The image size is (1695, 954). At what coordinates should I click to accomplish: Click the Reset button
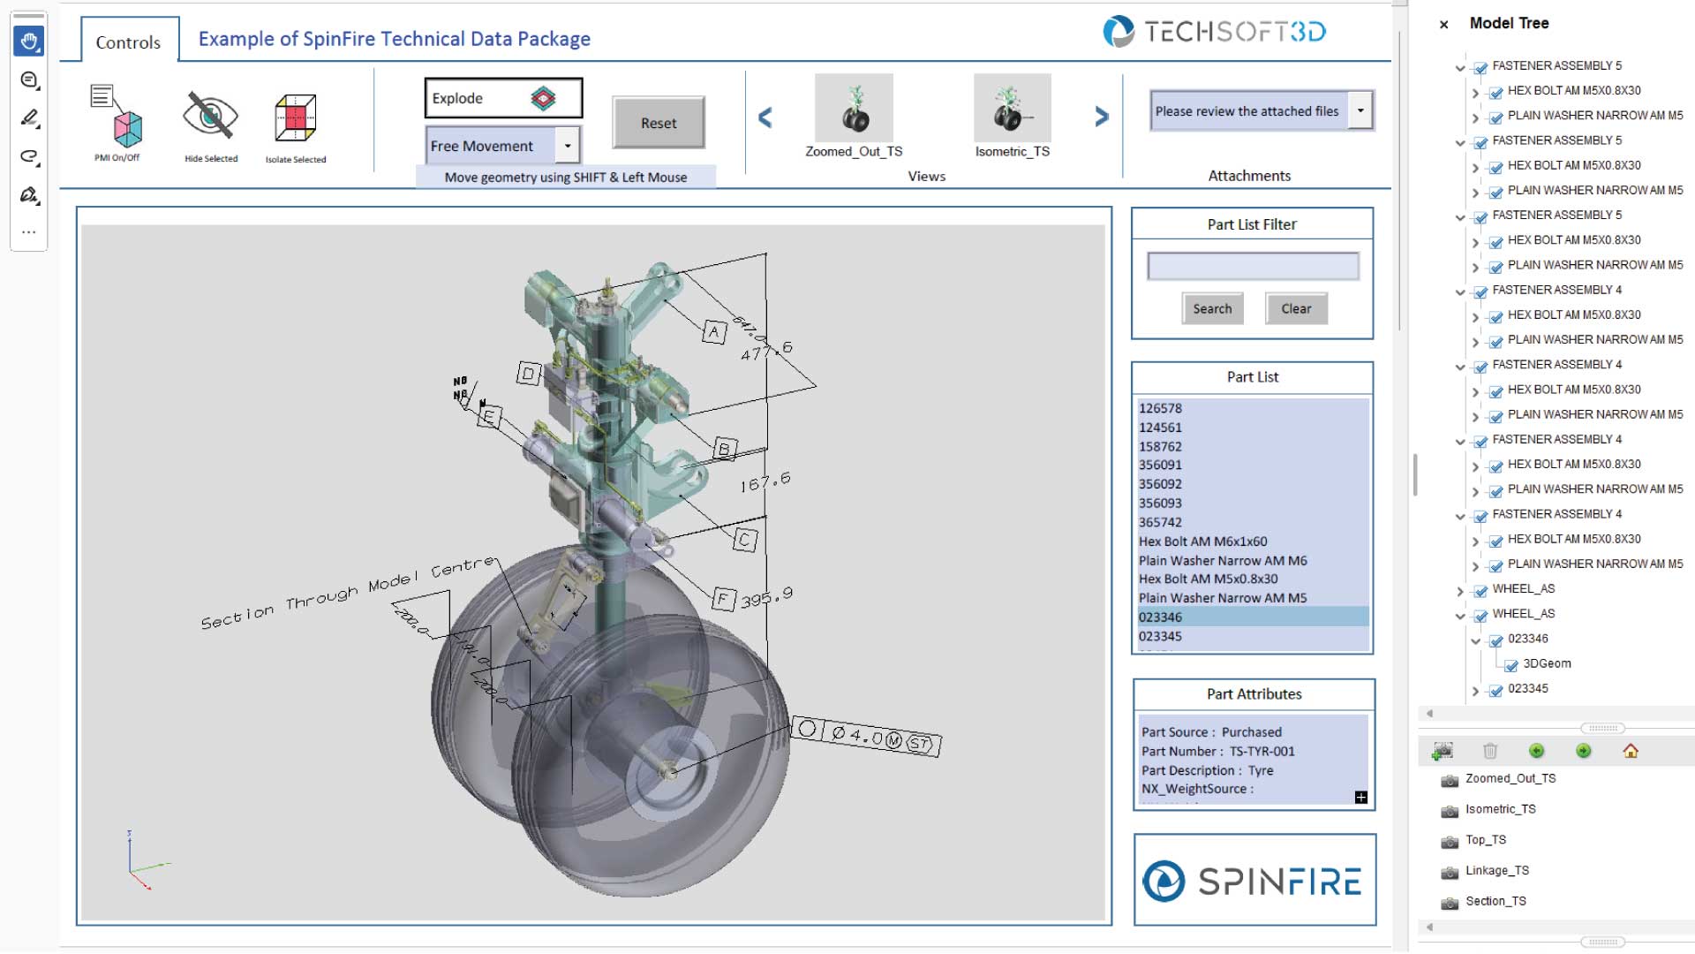[x=659, y=123]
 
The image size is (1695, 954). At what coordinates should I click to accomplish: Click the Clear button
[x=1295, y=308]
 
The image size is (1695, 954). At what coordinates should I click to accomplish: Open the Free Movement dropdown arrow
[x=568, y=146]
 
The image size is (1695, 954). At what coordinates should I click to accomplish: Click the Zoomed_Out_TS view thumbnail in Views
[x=854, y=110]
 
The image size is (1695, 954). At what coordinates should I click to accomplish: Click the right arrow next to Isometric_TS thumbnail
[x=1101, y=117]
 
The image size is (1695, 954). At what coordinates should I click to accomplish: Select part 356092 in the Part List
[x=1160, y=484]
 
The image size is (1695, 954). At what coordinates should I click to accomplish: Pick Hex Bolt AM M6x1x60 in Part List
[x=1202, y=541]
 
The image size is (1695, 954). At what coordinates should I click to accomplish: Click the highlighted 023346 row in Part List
[x=1160, y=617]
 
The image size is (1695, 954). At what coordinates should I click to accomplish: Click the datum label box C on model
[x=745, y=540]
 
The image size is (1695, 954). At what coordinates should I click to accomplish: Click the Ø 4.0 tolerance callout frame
[x=866, y=736]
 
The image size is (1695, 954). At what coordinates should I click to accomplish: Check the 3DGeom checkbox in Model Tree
[x=1511, y=665]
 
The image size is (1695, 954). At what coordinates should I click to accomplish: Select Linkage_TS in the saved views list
[x=1496, y=871]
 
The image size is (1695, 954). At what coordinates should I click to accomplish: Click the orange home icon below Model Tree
[x=1630, y=751]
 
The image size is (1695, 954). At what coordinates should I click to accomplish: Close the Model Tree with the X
[x=1443, y=25]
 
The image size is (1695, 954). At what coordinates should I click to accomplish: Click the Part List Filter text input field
[x=1252, y=266]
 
